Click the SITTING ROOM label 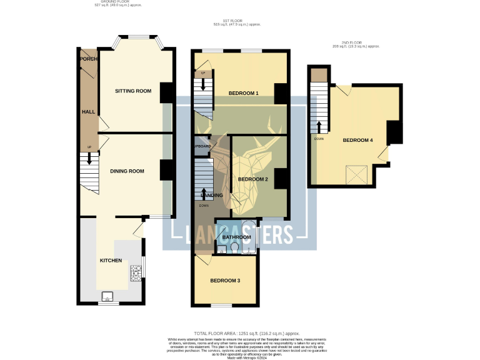tap(133, 91)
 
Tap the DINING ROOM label tap(127, 171)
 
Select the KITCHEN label tap(111, 261)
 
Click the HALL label tap(88, 112)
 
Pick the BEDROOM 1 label tap(243, 94)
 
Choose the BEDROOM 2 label tap(252, 179)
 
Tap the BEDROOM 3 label tap(224, 281)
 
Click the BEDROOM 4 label tap(357, 141)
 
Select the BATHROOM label tap(237, 237)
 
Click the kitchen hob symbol tap(135, 272)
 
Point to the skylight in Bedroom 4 tap(357, 173)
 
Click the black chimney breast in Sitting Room tap(167, 92)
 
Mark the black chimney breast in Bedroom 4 tap(394, 132)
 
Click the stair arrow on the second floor tap(319, 127)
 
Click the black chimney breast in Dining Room tap(167, 171)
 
